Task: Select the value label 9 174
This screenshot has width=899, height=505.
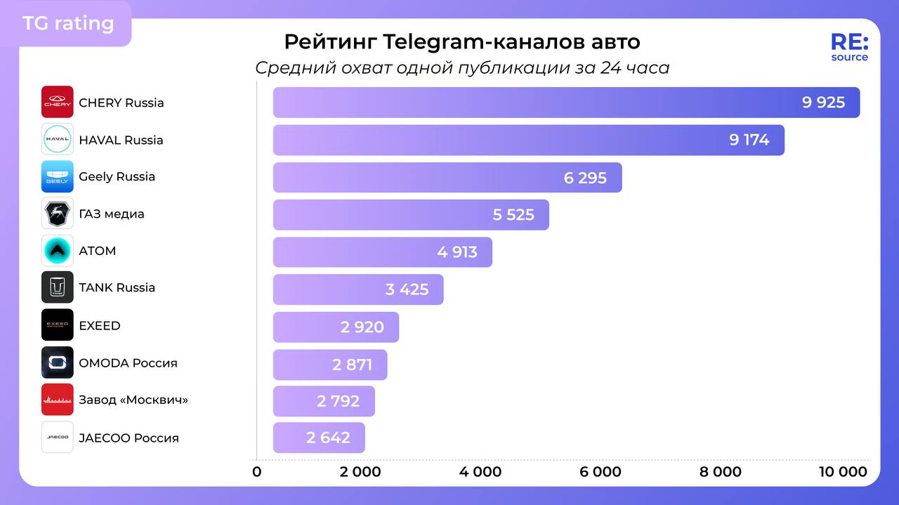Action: point(749,140)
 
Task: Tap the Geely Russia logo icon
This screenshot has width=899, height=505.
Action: point(57,176)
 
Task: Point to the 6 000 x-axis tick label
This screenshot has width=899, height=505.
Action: point(601,472)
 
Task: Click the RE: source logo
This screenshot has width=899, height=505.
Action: point(849,47)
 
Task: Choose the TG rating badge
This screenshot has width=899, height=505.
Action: point(68,23)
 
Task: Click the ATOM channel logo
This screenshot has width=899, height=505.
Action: point(57,251)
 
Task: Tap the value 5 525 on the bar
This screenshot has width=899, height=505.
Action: point(513,215)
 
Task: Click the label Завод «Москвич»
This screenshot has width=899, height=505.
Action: point(133,400)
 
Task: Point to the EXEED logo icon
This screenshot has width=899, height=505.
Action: point(57,325)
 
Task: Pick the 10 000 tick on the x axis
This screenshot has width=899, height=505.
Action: point(843,472)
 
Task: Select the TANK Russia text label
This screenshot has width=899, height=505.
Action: point(117,288)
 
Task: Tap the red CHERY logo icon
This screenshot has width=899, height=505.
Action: point(57,102)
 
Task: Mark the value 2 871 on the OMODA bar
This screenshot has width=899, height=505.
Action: point(352,365)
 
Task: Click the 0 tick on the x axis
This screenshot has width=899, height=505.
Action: point(257,472)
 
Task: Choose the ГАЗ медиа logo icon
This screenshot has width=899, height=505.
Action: point(57,214)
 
